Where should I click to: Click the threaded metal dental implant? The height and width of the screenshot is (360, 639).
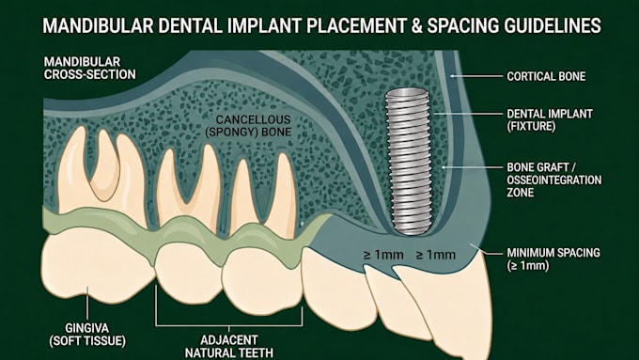tap(409, 162)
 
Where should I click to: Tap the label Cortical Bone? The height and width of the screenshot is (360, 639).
tap(546, 76)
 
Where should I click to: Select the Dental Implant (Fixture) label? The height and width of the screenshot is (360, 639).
tap(550, 120)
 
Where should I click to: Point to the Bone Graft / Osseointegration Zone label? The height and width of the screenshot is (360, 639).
tap(553, 180)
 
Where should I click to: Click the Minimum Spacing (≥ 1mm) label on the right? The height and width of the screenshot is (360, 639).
tap(553, 258)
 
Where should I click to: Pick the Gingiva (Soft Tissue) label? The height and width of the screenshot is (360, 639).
tap(87, 335)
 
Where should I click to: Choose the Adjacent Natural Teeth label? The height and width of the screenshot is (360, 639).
tap(229, 346)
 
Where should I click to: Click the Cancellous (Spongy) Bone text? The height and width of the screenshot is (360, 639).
tap(249, 126)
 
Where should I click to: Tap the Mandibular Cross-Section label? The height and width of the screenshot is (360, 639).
tap(89, 68)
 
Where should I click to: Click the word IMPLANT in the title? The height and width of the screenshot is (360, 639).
tap(263, 25)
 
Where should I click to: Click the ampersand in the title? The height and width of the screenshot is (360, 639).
tap(415, 25)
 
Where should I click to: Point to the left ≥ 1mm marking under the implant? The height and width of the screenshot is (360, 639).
tap(383, 256)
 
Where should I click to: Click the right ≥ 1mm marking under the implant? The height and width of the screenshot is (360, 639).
tap(435, 256)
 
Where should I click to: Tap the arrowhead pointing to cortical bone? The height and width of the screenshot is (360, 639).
tap(452, 76)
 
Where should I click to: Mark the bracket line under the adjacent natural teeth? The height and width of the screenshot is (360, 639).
tap(228, 326)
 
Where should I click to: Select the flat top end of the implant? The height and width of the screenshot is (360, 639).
tap(407, 91)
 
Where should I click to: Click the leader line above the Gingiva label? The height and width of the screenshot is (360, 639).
tap(86, 303)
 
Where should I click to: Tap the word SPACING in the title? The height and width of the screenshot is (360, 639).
tap(462, 25)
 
